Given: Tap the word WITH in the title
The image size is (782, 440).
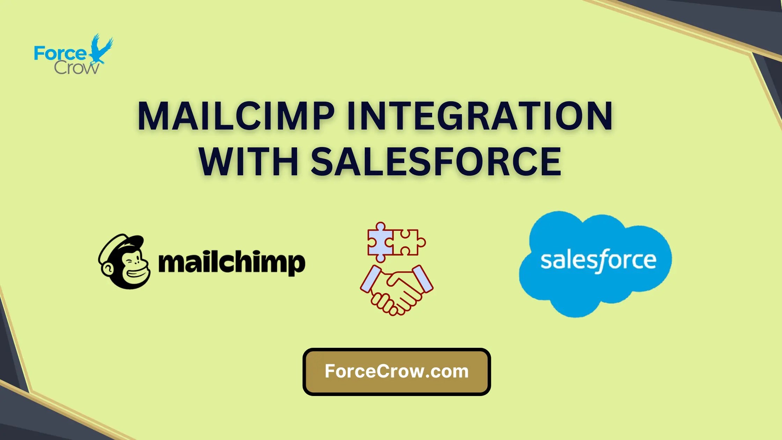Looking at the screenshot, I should [x=249, y=162].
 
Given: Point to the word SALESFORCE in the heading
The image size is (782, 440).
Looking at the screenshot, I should [x=436, y=162].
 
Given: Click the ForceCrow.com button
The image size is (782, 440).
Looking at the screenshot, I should [x=397, y=372].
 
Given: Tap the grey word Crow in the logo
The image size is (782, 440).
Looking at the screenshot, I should [x=76, y=68].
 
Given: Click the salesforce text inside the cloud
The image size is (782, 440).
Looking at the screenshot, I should [x=598, y=261].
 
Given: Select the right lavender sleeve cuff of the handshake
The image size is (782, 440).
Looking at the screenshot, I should [x=423, y=279].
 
